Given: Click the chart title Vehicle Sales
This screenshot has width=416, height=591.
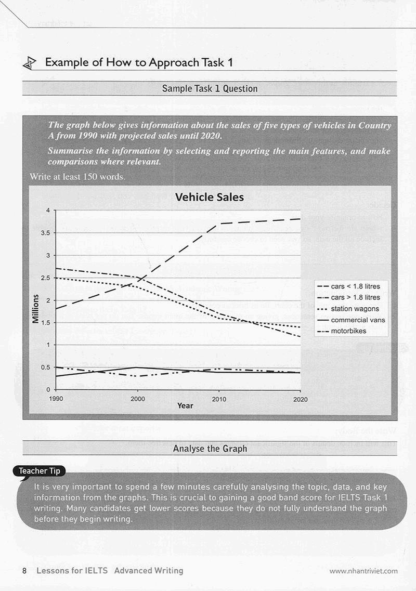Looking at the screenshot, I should coord(209,197).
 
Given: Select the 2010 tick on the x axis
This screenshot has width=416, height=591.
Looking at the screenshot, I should coord(219,399).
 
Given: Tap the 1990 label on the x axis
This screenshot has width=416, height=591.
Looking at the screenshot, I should coord(57,399).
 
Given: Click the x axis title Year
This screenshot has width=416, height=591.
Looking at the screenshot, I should coord(185,405).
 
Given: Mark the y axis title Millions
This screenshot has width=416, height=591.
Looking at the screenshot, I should coord(36,308).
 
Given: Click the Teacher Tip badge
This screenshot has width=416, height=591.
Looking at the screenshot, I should coord(40,471).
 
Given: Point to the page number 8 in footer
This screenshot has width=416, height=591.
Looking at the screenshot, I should coord(24,570).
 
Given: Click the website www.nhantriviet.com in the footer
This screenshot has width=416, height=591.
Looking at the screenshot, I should coord(363,571).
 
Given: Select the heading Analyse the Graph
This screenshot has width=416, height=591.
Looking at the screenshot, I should coord(210,449).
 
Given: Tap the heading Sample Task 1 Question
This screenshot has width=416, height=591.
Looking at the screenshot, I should coord(210,88).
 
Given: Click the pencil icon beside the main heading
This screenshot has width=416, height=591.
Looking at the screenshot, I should coord(30,63).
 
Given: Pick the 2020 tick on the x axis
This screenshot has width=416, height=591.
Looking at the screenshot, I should coord(300,399).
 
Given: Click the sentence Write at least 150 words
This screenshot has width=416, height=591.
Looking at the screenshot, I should coord(77,177).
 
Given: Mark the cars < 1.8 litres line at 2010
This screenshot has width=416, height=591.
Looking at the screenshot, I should coord(219,224).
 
